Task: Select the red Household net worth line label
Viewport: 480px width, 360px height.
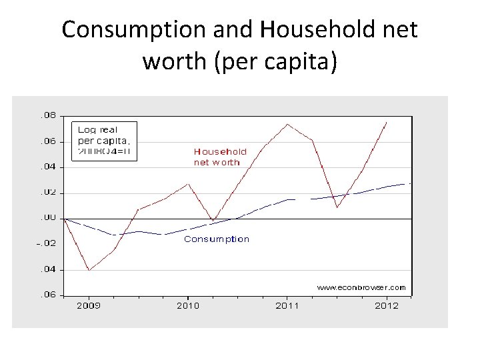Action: point(220,157)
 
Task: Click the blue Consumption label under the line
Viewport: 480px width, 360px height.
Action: point(217,239)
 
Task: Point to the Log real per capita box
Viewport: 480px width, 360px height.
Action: point(104,140)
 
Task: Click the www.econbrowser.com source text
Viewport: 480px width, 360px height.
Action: point(361,287)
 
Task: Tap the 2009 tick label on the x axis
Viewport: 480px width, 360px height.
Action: point(89,305)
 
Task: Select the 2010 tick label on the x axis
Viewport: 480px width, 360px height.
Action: point(188,305)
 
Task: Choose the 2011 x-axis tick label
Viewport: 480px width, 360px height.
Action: point(287,305)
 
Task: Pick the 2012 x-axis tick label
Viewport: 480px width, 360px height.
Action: point(387,305)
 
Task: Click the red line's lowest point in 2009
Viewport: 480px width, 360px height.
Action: point(89,270)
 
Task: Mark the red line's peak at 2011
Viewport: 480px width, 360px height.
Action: point(287,124)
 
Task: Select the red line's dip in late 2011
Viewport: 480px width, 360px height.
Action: point(337,207)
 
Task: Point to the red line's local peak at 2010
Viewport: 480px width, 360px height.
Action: point(189,183)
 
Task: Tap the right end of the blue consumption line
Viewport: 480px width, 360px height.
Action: point(409,183)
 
